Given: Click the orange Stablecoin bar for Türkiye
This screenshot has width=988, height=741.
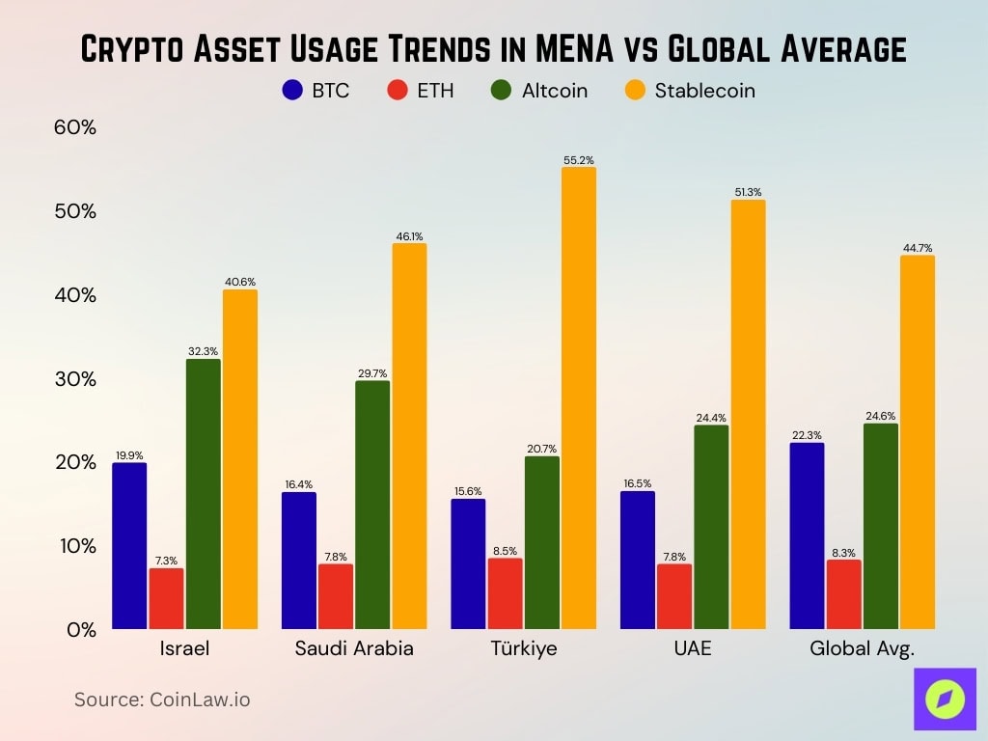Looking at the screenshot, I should coord(579,398).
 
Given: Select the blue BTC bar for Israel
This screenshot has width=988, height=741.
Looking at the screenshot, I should coord(129,546).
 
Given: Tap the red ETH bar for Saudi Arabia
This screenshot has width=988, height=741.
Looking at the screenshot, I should coord(336,596).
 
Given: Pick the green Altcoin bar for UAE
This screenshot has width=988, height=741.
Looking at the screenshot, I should coord(711,527).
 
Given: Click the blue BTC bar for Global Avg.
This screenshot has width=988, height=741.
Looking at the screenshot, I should coord(807,535).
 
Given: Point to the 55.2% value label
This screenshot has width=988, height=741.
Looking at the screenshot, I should coord(579,160).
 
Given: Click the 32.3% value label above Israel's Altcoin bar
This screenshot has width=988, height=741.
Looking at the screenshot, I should coord(203,352).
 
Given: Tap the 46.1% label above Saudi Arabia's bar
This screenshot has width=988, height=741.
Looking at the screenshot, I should coord(409,236).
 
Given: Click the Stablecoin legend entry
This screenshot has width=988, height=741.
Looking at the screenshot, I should coord(690,91).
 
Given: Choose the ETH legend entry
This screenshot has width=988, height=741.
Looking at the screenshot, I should coord(421,91).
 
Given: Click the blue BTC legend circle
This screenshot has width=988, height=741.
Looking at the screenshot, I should coord(293,91).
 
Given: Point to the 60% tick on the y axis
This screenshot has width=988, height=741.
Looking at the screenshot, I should coord(74,127).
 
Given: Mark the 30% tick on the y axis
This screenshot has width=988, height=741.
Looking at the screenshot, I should coord(74,378).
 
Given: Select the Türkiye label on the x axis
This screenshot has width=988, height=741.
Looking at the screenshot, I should coord(524,648).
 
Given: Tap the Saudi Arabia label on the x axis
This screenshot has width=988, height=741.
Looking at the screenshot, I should coord(354,648).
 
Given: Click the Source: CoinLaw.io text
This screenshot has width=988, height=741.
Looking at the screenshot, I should coord(162,700).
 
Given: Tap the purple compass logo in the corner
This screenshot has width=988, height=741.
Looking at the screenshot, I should coord(945,699).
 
